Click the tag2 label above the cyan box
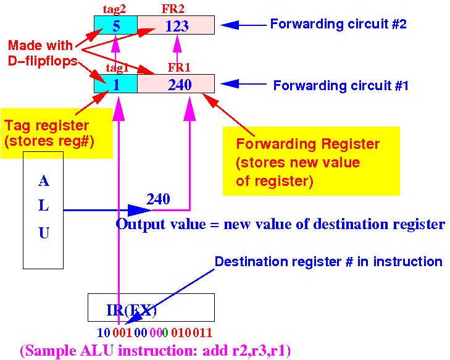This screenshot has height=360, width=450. coord(115,9)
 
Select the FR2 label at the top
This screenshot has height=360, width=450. coord(173,9)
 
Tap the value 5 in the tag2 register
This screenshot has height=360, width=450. coord(116,26)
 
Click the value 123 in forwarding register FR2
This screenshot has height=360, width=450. coord(177,26)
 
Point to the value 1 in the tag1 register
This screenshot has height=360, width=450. coord(116,85)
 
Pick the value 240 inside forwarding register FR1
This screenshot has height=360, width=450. coord(180,85)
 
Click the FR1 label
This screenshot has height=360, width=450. coord(179,67)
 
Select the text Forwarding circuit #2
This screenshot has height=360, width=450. coord(338,24)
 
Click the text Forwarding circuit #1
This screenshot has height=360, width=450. coord(341,86)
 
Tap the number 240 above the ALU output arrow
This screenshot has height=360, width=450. coord(158,199)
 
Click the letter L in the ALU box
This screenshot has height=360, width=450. coord(43,206)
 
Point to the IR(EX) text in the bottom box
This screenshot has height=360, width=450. coord(131,310)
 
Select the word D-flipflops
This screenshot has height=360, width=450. coord(43,61)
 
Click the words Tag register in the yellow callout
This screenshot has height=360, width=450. coord(47,126)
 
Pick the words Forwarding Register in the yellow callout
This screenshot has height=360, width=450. coord(308,144)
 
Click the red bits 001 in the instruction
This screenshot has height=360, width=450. coord(122,333)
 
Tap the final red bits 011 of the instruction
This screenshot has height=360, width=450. coord(202,333)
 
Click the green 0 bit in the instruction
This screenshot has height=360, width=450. coord(165,333)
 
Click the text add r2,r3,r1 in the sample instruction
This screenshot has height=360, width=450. coord(244,351)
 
